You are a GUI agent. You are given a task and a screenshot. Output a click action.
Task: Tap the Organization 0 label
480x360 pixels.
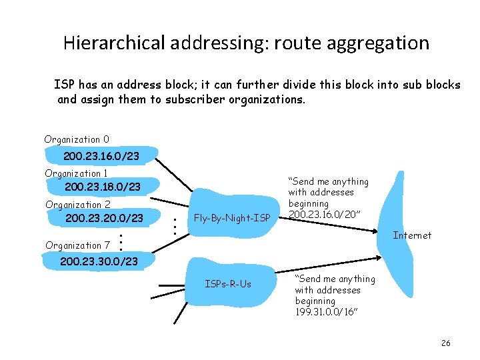click(77, 139)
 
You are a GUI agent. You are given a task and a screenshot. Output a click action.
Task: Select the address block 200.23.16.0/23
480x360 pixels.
click(101, 156)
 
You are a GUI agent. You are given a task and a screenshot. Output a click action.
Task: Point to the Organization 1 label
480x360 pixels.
click(76, 173)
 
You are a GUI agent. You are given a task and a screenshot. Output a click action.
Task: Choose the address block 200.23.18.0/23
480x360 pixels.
click(103, 187)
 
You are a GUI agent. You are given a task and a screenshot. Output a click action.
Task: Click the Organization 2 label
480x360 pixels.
click(77, 205)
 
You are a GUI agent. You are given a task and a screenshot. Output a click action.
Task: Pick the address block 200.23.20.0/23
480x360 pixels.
click(104, 218)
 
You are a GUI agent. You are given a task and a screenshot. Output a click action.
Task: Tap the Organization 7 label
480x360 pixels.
click(77, 245)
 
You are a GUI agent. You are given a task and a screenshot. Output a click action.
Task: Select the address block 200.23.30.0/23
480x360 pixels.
click(99, 261)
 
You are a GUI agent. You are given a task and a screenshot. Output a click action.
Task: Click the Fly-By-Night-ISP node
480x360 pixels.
click(231, 217)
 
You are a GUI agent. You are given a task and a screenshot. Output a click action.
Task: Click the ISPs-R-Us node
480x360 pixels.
click(228, 284)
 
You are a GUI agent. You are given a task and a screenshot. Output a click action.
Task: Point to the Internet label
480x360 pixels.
click(412, 235)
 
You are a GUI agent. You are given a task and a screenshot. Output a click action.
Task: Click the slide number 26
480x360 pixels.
click(446, 343)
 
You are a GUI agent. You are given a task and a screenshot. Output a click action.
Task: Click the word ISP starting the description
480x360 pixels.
click(64, 85)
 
